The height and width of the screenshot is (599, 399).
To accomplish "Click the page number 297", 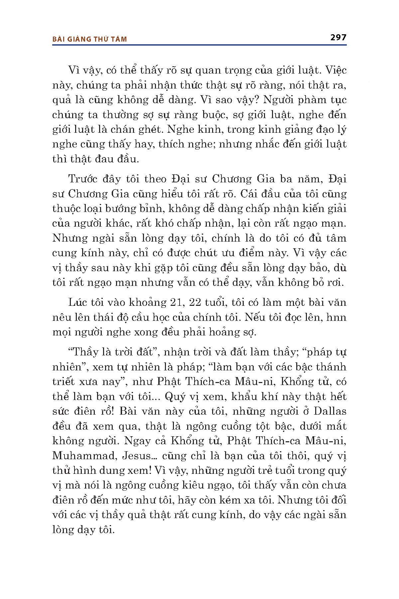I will (338, 37).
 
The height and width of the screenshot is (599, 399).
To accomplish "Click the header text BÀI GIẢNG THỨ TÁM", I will (90, 39).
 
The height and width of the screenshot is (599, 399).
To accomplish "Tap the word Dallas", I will (330, 411).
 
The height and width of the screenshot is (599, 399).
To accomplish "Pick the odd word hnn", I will (336, 317).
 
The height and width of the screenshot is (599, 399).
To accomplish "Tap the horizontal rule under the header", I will (199, 44).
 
